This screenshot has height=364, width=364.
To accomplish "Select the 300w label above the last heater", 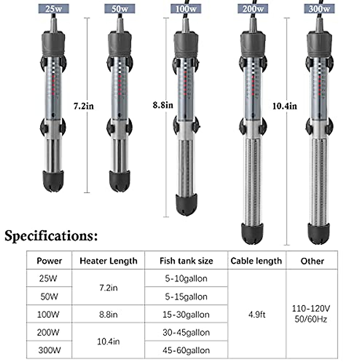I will (319, 9).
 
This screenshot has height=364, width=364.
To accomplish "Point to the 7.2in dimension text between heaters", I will (84, 106).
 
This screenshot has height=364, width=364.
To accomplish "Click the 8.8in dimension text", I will (163, 105).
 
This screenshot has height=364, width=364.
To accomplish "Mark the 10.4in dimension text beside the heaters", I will (285, 106).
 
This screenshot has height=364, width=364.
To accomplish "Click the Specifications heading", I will (51, 235).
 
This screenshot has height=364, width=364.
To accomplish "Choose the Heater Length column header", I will (108, 261).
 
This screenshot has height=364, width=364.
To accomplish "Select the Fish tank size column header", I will (186, 261).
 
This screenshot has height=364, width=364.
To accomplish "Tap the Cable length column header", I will (256, 261).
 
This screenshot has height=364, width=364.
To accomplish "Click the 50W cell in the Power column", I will (49, 296).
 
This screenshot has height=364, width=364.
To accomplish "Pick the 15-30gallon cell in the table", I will (186, 315).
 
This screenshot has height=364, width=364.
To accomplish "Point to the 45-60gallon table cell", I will (186, 350).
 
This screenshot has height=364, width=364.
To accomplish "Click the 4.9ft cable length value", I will (257, 315).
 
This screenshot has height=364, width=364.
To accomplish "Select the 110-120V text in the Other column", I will (311, 309).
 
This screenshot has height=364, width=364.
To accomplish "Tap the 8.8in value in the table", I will (108, 315).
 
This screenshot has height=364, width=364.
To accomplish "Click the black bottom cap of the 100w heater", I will (186, 204).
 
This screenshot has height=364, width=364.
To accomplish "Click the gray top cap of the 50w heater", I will (120, 41).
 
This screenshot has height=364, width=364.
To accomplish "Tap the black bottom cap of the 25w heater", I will (53, 181).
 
